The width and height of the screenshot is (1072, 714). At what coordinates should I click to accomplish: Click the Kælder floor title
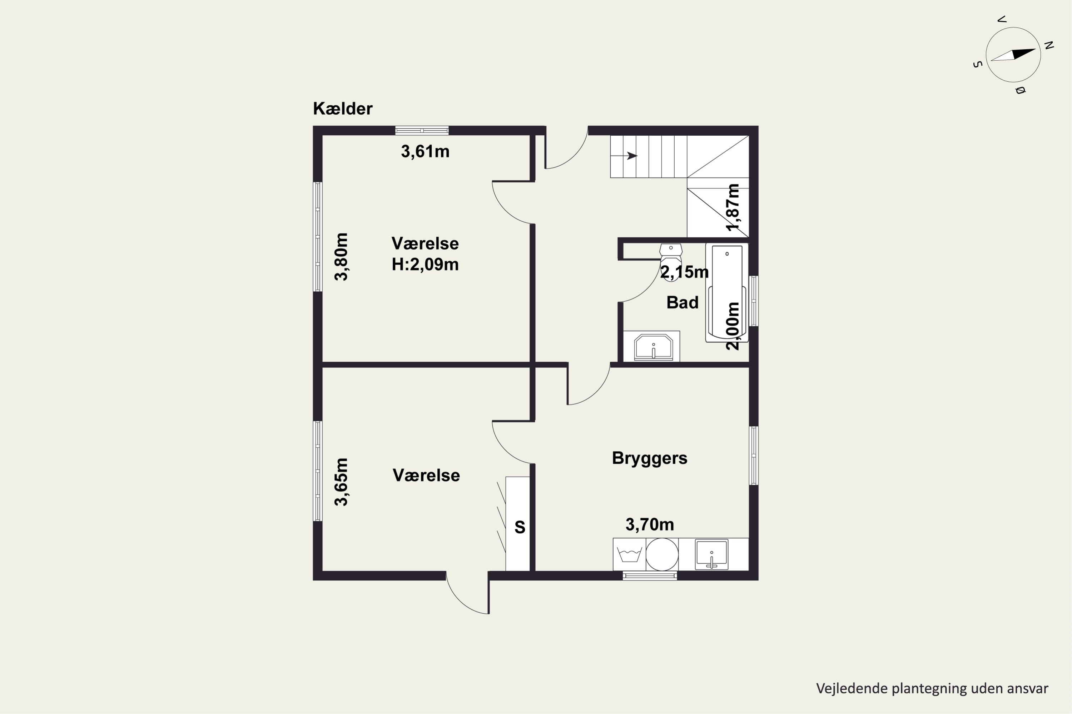(x=343, y=109)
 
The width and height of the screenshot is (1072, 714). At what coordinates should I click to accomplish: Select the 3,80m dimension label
(x=341, y=257)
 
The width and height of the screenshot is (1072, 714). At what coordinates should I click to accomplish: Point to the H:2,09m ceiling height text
(x=425, y=265)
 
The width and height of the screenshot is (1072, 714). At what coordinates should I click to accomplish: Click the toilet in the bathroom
(x=671, y=261)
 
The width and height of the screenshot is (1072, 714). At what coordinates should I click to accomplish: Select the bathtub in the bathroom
(x=727, y=293)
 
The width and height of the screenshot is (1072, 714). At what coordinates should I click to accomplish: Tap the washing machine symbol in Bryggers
(x=629, y=554)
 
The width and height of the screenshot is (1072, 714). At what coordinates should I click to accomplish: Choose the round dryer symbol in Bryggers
(x=662, y=554)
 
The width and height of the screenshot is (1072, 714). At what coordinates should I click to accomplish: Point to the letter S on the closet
(x=520, y=527)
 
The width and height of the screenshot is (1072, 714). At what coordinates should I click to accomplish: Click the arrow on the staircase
(x=624, y=156)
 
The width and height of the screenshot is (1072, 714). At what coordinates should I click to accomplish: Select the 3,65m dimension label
(x=341, y=482)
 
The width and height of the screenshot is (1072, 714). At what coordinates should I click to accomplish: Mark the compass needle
(x=1013, y=55)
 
